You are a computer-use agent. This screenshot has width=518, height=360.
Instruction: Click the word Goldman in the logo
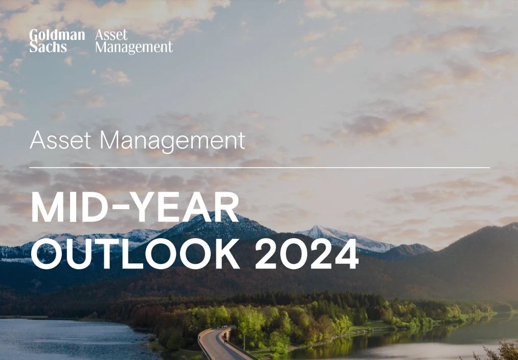tap(57, 35)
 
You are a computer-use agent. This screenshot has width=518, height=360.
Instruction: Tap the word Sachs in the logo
tap(48, 47)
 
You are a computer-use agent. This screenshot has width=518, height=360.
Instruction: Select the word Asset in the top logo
tap(111, 35)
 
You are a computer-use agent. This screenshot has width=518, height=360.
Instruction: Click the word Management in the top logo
tap(134, 47)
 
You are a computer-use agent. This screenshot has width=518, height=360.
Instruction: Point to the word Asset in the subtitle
tap(60, 140)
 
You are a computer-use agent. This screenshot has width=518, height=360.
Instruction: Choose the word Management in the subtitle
tap(172, 141)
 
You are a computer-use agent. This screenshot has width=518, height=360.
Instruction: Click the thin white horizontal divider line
tap(259, 168)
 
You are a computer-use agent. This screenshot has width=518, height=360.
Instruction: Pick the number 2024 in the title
tap(307, 254)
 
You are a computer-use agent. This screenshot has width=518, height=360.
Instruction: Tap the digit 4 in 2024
tap(347, 254)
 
